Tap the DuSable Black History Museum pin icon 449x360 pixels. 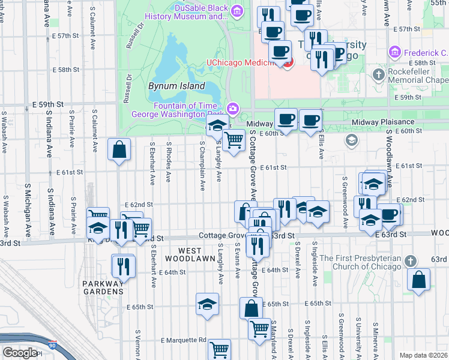point(237,10)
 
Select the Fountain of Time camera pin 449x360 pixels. point(232,109)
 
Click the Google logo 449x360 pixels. point(19,352)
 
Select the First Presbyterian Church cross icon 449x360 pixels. point(410,262)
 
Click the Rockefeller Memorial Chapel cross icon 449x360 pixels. point(379,75)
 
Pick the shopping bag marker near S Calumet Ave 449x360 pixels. point(119,149)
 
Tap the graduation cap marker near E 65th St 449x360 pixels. point(207,303)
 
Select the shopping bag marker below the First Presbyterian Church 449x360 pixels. point(418,279)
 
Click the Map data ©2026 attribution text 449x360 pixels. point(424,355)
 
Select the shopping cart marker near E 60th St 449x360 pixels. point(234,140)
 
